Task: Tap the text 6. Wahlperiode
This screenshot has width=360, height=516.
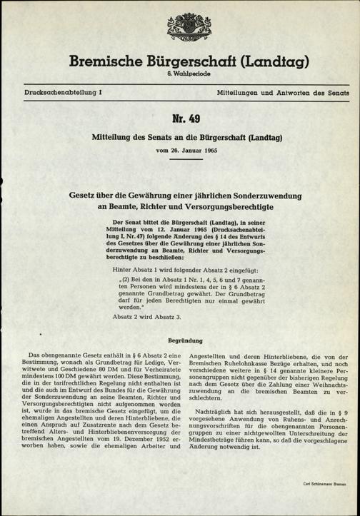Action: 179,76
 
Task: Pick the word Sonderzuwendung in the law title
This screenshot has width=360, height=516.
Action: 270,194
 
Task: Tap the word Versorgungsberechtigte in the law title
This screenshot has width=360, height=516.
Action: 229,207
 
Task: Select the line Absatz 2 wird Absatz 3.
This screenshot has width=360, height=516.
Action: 149,315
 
